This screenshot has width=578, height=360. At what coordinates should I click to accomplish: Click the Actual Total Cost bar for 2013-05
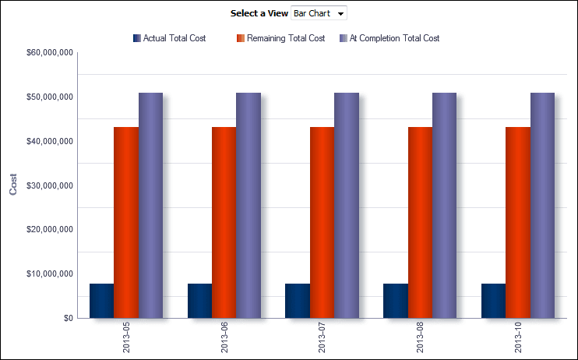[x=101, y=301]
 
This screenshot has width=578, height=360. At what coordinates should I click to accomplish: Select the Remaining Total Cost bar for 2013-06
[x=224, y=222]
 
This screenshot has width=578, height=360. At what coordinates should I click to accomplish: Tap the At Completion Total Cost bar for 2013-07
[x=347, y=205]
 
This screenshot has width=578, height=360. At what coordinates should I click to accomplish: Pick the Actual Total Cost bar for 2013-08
[x=395, y=301]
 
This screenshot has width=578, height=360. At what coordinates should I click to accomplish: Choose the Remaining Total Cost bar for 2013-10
[x=517, y=222]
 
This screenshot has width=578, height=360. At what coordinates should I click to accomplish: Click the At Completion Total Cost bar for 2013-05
[x=150, y=205]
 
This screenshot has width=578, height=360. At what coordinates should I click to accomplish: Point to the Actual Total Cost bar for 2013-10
[x=493, y=301]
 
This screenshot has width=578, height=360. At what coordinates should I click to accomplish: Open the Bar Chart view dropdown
[x=319, y=14]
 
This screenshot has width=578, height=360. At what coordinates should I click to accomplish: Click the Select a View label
[x=259, y=14]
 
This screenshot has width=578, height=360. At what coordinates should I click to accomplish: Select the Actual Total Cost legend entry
[x=169, y=38]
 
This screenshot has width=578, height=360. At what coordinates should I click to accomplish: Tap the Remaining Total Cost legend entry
[x=280, y=38]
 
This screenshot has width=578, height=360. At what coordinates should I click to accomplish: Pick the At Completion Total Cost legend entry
[x=389, y=38]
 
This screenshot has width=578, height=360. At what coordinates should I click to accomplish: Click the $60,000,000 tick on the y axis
[x=50, y=53]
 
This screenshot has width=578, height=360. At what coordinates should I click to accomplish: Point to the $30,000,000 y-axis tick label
[x=50, y=185]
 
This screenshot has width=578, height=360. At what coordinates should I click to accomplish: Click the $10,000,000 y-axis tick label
[x=50, y=274]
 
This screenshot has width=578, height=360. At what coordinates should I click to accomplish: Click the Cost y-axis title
[x=13, y=185]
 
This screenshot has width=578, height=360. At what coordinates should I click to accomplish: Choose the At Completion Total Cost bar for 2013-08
[x=444, y=205]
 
